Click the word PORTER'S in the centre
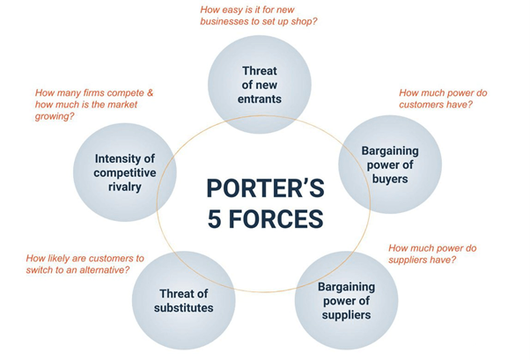click(265, 188)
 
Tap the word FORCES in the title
click(276, 218)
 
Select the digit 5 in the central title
click(214, 218)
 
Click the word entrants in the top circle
click(259, 99)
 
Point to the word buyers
click(390, 179)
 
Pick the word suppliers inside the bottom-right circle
click(346, 315)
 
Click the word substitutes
click(183, 308)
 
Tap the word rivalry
click(125, 187)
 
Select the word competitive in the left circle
click(125, 173)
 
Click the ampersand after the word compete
click(150, 92)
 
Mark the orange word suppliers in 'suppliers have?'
click(403, 260)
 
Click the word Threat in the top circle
click(259, 71)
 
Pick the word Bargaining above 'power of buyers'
click(390, 151)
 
